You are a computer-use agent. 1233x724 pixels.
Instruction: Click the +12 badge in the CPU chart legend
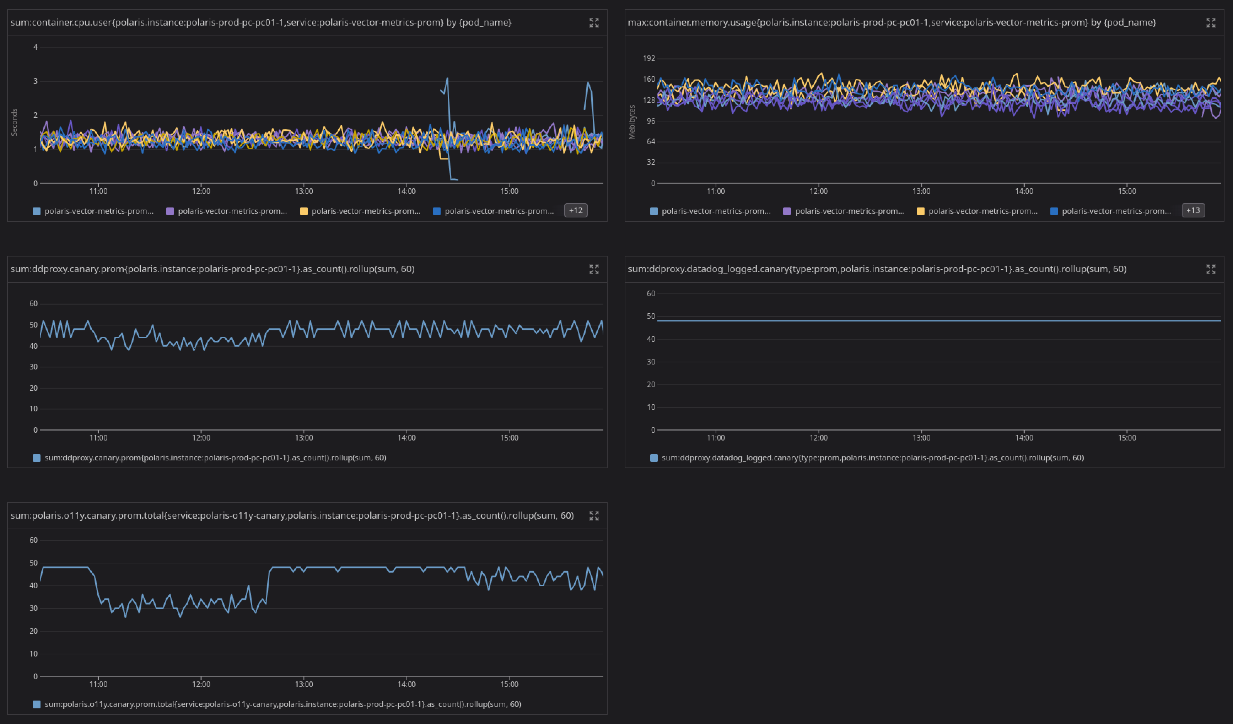point(575,210)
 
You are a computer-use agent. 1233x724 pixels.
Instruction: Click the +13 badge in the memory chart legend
point(1193,210)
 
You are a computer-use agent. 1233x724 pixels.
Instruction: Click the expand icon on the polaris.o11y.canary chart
point(593,515)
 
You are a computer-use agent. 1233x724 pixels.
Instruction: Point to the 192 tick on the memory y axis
point(649,58)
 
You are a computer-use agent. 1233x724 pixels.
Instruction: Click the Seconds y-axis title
point(14,122)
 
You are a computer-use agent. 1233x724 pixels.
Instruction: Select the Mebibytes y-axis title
point(632,122)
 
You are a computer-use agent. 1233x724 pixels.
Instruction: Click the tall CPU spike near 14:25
point(447,79)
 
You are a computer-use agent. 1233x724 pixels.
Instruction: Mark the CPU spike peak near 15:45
point(588,82)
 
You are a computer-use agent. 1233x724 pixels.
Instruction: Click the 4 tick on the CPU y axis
point(35,47)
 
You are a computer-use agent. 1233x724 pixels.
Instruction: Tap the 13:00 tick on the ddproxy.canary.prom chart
point(303,438)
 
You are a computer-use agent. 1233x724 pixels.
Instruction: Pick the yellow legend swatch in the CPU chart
point(303,211)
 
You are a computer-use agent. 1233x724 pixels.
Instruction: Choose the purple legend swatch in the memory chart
point(787,211)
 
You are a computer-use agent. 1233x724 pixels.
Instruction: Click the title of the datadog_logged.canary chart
point(877,269)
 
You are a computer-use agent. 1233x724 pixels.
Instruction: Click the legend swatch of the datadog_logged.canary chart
point(654,458)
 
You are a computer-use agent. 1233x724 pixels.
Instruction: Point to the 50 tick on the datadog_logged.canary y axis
point(651,317)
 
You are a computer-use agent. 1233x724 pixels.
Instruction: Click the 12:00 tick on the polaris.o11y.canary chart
point(201,684)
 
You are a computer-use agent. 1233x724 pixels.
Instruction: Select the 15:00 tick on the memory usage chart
point(1127,191)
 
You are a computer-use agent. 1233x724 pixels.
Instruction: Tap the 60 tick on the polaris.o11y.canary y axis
point(33,540)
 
